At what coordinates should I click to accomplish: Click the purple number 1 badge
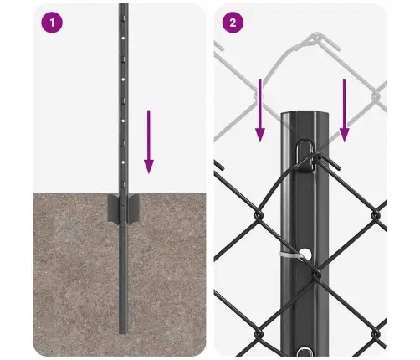click(x=52, y=23)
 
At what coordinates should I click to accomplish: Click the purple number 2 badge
click(x=233, y=23)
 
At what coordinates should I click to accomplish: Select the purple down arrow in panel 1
click(x=149, y=141)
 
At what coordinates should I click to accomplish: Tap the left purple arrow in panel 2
click(x=260, y=111)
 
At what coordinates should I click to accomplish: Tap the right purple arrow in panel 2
click(x=344, y=111)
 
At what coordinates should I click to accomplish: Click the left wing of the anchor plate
click(x=114, y=208)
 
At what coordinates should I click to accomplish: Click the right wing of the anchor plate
click(x=133, y=208)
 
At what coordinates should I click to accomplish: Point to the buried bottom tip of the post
click(x=123, y=332)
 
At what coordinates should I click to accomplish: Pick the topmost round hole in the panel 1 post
click(x=123, y=38)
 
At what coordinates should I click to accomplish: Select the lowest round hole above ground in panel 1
click(x=123, y=162)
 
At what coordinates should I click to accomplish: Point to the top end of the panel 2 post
click(x=305, y=114)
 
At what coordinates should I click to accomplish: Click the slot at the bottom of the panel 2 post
click(x=304, y=351)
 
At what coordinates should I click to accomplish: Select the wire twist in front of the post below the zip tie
click(x=316, y=274)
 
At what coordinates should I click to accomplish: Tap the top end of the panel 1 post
click(x=123, y=5)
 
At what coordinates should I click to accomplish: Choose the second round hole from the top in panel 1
click(x=123, y=80)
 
